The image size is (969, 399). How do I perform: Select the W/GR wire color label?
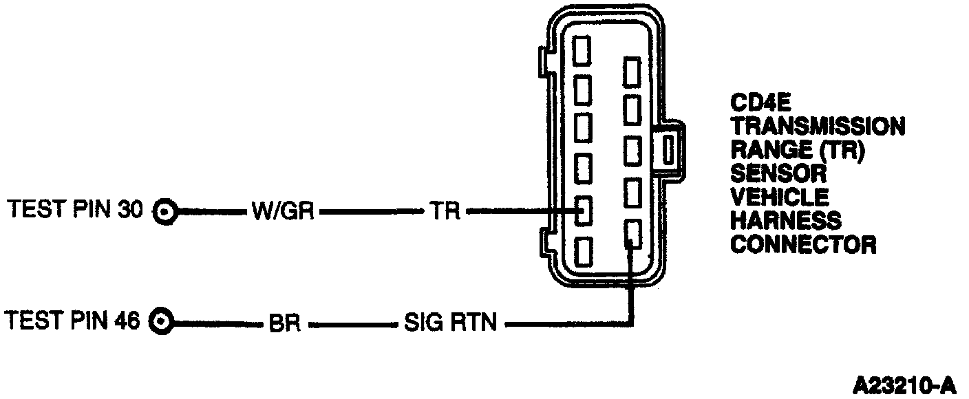click(283, 211)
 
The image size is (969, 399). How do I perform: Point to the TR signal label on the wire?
click(444, 211)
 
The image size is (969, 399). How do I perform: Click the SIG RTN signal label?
click(451, 322)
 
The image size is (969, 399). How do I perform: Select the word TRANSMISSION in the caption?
click(818, 127)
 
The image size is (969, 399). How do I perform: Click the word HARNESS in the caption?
click(785, 221)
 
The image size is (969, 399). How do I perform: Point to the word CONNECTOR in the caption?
click(803, 244)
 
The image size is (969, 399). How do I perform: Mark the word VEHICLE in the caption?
click(779, 197)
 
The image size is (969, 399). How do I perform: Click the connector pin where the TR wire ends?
click(583, 211)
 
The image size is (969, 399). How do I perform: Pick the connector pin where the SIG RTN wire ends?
click(632, 234)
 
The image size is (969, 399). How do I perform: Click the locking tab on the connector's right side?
click(670, 149)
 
